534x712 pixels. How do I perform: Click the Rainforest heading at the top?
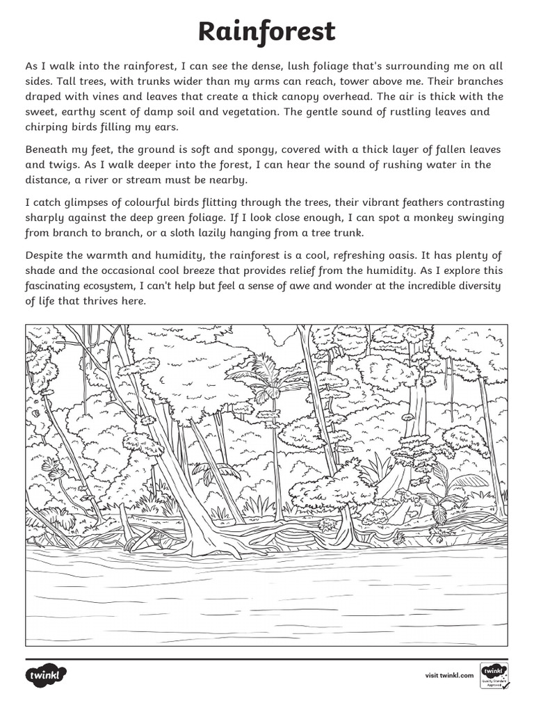(267, 31)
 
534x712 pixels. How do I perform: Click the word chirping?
(50, 127)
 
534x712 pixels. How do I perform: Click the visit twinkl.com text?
(448, 675)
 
